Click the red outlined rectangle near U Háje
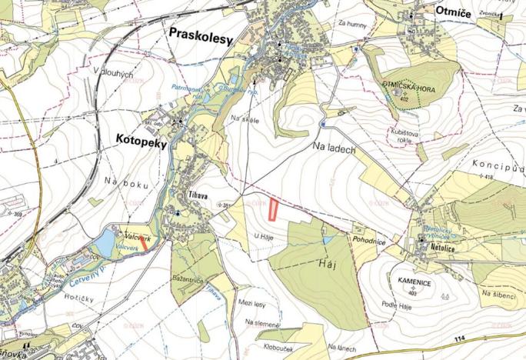273,209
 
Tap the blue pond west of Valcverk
102,245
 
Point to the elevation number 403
413,292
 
